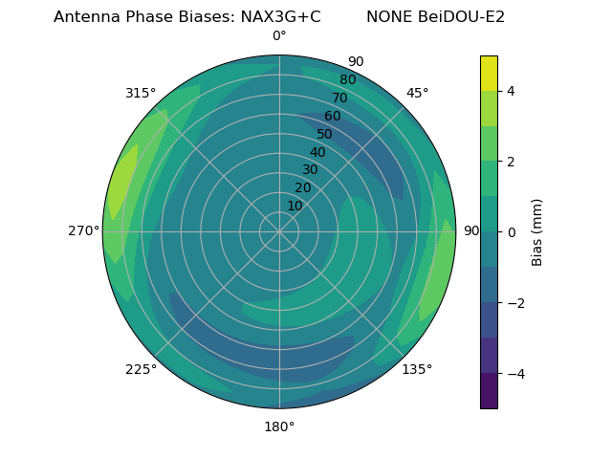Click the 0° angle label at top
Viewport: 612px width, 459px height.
click(x=279, y=36)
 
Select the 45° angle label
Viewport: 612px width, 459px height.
click(x=418, y=93)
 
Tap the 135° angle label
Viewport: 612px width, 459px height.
click(x=417, y=369)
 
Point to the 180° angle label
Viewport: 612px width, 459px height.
click(x=279, y=426)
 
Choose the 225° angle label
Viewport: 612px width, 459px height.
click(x=141, y=369)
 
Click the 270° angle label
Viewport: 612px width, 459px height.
click(x=83, y=231)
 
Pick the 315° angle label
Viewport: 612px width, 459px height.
click(x=141, y=93)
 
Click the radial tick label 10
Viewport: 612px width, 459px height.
click(x=295, y=206)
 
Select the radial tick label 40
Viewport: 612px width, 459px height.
click(x=317, y=152)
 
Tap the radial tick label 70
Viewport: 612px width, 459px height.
click(x=339, y=98)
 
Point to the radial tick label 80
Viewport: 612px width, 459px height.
click(x=347, y=79)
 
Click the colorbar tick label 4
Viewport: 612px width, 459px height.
click(x=512, y=91)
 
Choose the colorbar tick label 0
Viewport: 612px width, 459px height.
click(x=512, y=232)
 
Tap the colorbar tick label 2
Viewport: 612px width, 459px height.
click(x=512, y=162)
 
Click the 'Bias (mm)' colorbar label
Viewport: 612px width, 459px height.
click(x=537, y=232)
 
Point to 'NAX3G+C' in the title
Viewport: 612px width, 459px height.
click(x=280, y=17)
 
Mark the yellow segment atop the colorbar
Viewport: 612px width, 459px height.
click(x=489, y=74)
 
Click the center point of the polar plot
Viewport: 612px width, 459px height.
click(x=279, y=231)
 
